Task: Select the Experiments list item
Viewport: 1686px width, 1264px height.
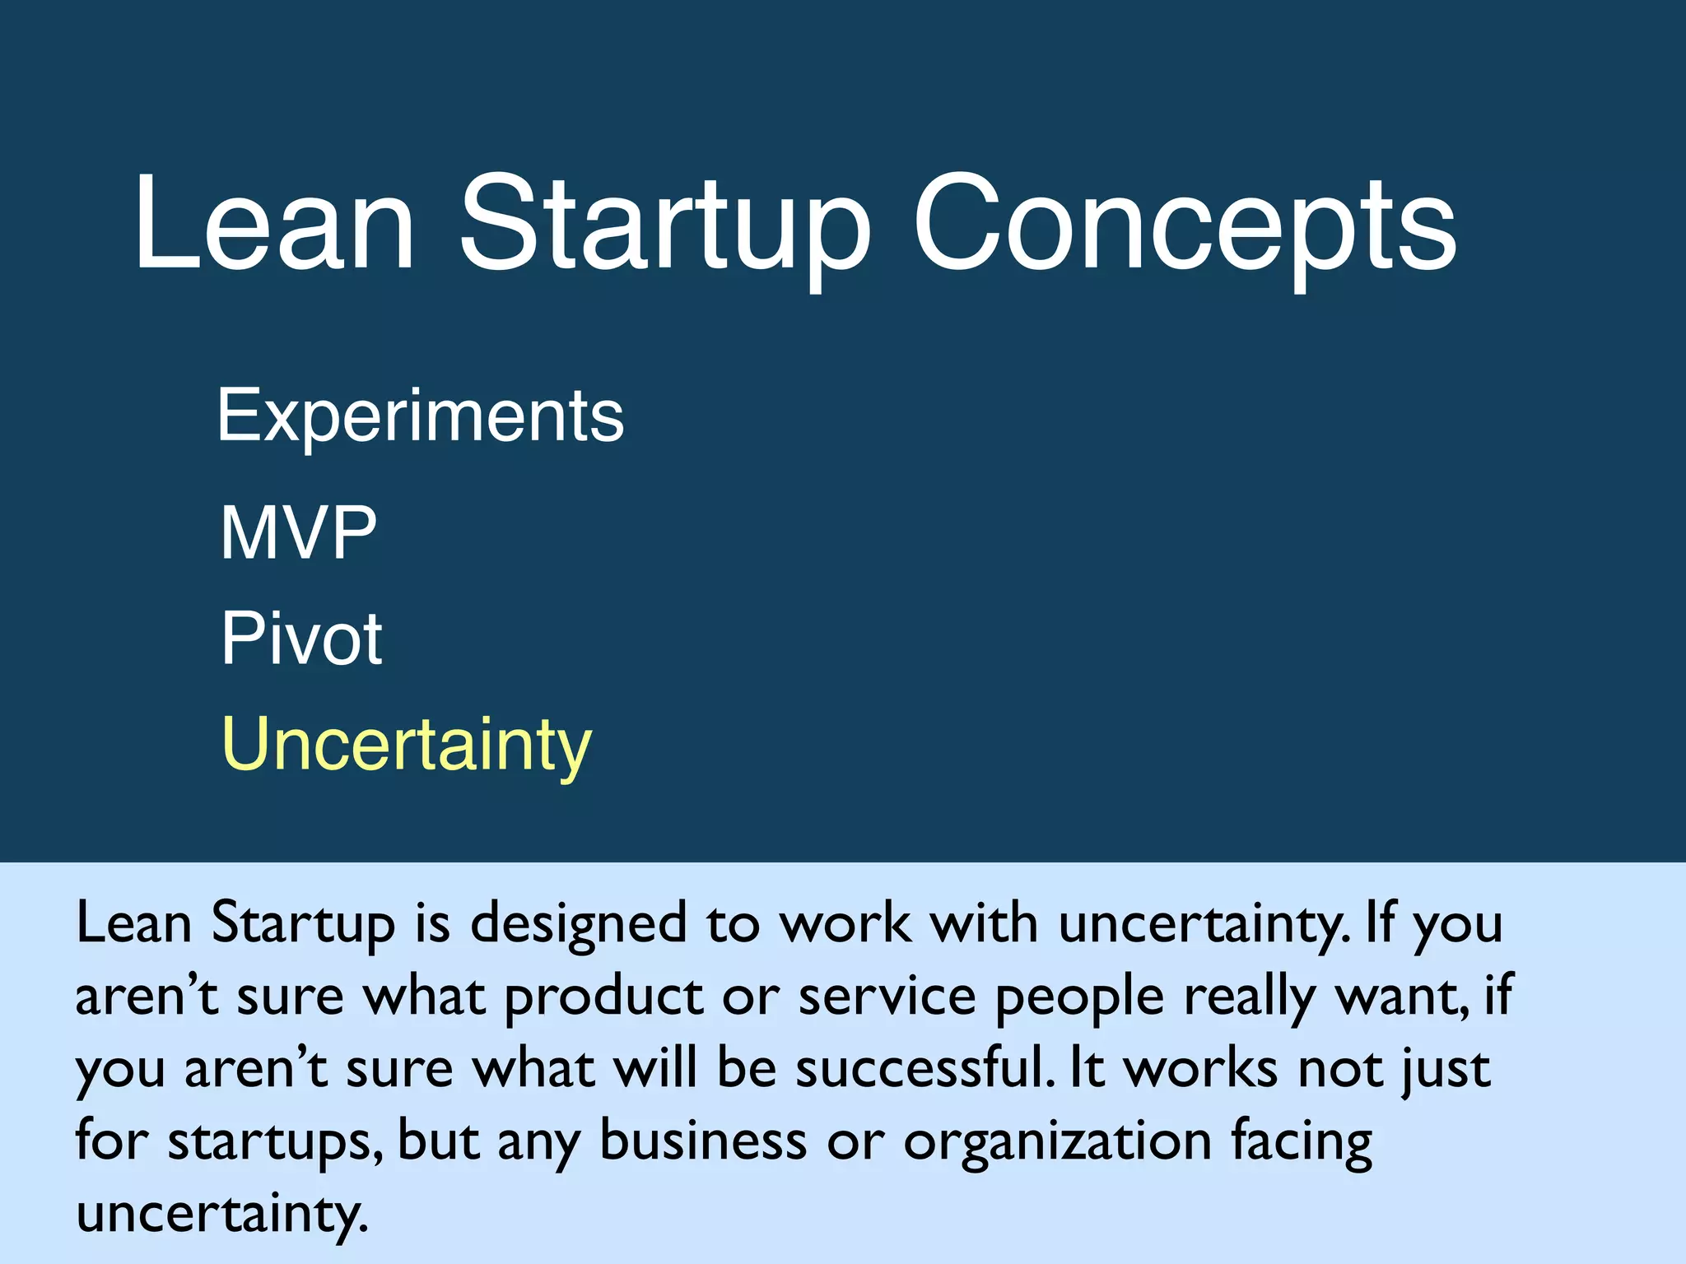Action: tap(421, 416)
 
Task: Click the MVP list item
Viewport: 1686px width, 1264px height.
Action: tap(298, 533)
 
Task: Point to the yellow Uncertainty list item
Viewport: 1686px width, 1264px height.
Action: tap(407, 745)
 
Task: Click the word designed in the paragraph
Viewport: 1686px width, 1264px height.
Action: tap(578, 923)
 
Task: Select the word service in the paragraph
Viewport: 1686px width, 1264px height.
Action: tap(887, 996)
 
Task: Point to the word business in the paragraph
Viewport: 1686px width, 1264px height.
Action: tap(703, 1141)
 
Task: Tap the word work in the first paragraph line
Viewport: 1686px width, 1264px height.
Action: tap(845, 923)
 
